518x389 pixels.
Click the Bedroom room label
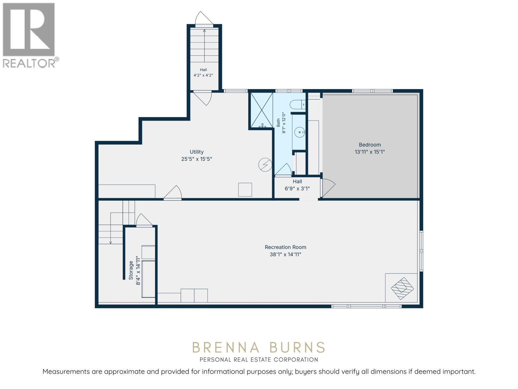pyautogui.click(x=370, y=145)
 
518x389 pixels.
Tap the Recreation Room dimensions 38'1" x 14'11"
pyautogui.click(x=285, y=254)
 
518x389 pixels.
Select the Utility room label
pyautogui.click(x=196, y=152)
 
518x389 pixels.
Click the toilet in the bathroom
pyautogui.click(x=298, y=104)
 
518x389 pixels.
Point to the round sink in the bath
pyautogui.click(x=300, y=132)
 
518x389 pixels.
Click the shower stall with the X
pyautogui.click(x=262, y=110)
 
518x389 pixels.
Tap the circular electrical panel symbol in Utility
pyautogui.click(x=265, y=165)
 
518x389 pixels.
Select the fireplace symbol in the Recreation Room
pyautogui.click(x=402, y=289)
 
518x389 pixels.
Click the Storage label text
pyautogui.click(x=131, y=270)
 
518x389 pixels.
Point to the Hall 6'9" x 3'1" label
pyautogui.click(x=297, y=185)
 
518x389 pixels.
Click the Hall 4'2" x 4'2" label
pyautogui.click(x=203, y=73)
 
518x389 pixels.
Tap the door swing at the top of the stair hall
pyautogui.click(x=204, y=18)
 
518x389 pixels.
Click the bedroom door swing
pyautogui.click(x=329, y=188)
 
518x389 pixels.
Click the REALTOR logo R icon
pyautogui.click(x=28, y=29)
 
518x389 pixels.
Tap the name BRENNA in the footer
pyautogui.click(x=226, y=348)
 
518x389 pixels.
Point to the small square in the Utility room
pyautogui.click(x=245, y=190)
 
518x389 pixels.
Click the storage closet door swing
pyautogui.click(x=144, y=219)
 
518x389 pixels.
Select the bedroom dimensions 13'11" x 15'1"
pyautogui.click(x=370, y=152)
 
